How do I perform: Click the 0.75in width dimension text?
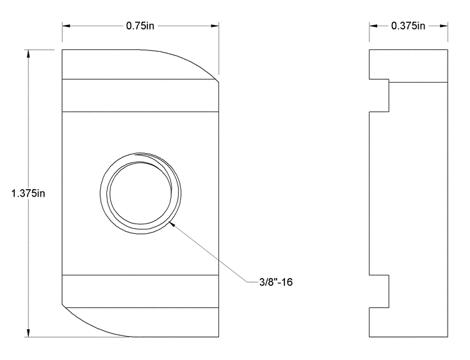click(140, 26)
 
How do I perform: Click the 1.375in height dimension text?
click(28, 193)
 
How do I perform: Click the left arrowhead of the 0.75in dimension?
click(67, 26)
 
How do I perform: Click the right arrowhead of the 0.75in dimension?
click(215, 26)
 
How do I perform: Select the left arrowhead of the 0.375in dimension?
click(373, 26)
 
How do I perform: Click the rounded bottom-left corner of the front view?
click(80, 324)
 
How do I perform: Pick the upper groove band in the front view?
click(141, 94)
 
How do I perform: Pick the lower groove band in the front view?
click(141, 290)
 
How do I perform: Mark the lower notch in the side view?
click(380, 290)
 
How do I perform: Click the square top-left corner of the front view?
click(63, 50)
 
